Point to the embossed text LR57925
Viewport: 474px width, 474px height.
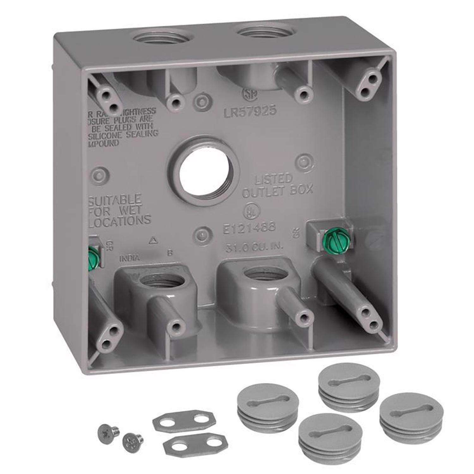250,111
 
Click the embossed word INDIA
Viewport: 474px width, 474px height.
129,258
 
